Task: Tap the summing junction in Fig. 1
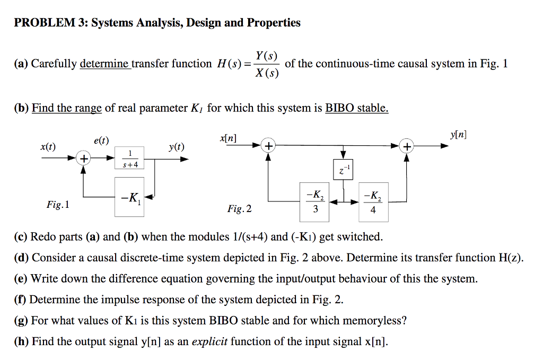point(83,158)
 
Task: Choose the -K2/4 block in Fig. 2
point(373,201)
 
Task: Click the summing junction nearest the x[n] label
point(269,146)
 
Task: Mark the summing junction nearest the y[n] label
point(407,146)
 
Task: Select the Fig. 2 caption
point(240,209)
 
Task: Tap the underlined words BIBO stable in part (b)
point(356,108)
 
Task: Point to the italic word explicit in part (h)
point(212,341)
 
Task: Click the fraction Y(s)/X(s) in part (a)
point(266,64)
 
